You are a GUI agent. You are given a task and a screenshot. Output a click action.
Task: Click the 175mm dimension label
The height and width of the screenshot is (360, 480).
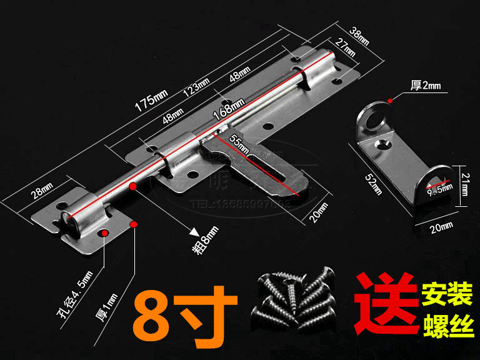[152, 100]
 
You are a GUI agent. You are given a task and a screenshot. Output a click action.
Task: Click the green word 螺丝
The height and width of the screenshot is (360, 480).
[449, 324]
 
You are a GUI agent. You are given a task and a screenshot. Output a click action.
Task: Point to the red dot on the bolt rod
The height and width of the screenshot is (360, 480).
[132, 186]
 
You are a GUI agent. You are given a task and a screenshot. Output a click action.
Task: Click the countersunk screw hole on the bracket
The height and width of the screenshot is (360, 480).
[383, 146]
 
